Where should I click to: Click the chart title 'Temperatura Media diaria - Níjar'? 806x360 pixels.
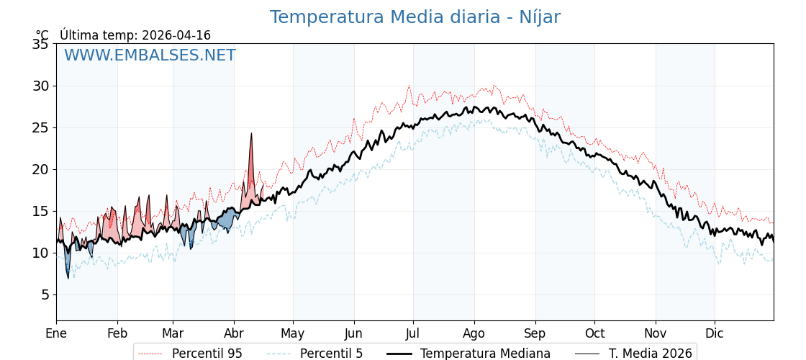(x=415, y=17)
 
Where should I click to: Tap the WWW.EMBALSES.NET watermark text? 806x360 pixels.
(x=150, y=55)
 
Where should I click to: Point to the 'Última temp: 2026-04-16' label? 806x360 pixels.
(x=135, y=35)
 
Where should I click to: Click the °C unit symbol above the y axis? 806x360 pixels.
(x=42, y=35)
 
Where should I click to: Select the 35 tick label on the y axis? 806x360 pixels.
(x=40, y=45)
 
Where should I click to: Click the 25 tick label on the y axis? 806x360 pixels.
(x=40, y=128)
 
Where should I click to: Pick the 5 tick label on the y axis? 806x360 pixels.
(x=44, y=295)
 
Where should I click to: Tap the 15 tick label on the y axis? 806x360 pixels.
(x=40, y=212)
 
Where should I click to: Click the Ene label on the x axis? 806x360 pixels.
(x=56, y=333)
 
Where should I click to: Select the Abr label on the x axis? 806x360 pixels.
(x=234, y=333)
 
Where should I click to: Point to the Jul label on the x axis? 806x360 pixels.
(x=413, y=333)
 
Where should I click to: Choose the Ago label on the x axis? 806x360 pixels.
(x=474, y=333)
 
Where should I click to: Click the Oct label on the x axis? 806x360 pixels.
(x=594, y=333)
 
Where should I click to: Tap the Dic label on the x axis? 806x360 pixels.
(x=715, y=333)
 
